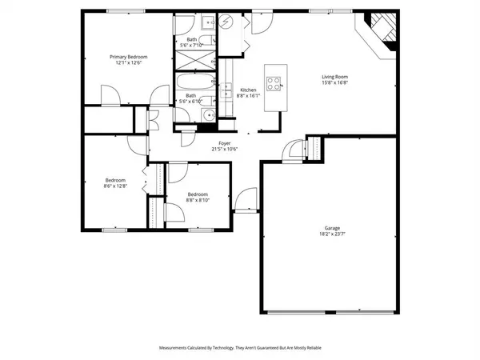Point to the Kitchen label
click(x=248, y=90)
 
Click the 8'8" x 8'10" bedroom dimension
click(x=198, y=200)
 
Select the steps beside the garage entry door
click(x=314, y=149)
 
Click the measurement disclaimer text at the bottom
click(x=240, y=348)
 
